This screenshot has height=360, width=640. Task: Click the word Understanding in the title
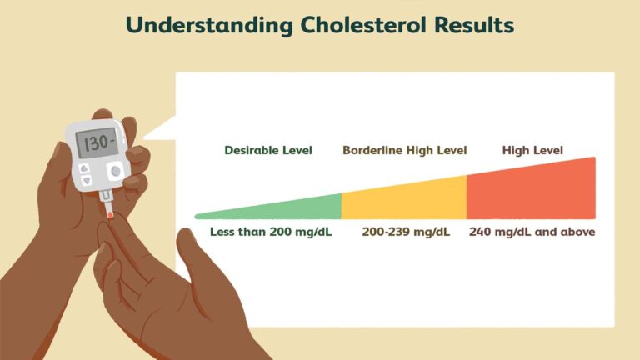click(x=206, y=25)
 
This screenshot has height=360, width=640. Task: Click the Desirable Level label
click(x=268, y=151)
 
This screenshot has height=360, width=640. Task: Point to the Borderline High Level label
click(x=404, y=151)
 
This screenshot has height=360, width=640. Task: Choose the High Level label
click(x=532, y=151)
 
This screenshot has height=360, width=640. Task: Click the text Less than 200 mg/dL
click(x=270, y=232)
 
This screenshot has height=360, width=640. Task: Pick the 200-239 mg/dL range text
click(x=406, y=232)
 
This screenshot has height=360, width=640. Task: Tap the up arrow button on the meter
click(x=86, y=167)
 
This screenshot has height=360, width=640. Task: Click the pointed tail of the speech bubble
click(x=154, y=134)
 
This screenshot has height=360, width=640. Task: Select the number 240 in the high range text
click(x=480, y=232)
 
